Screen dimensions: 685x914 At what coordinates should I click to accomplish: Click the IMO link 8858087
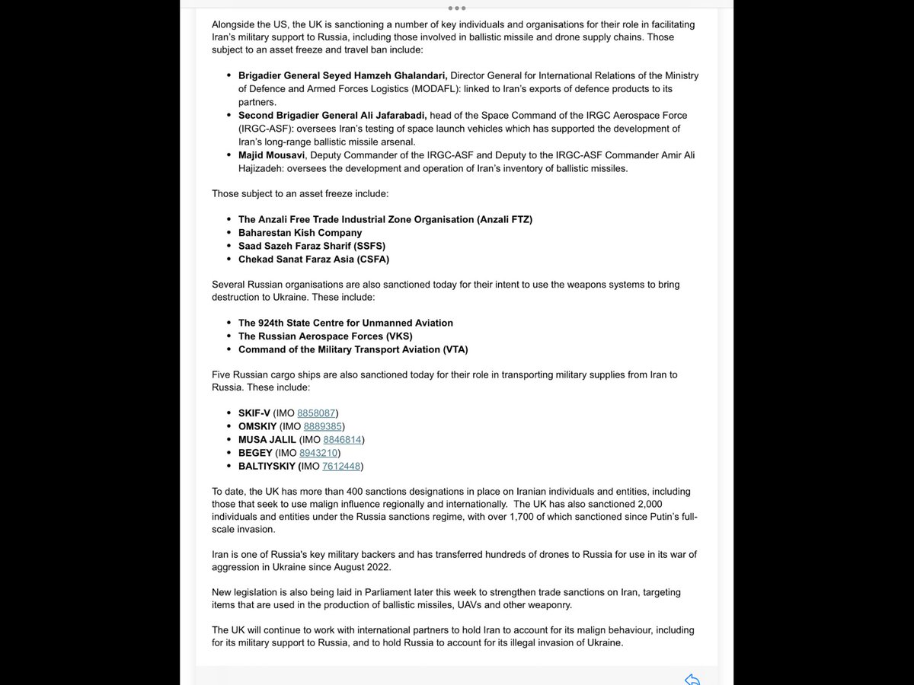tap(316, 413)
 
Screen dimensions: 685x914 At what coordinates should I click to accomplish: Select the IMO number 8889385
tap(323, 426)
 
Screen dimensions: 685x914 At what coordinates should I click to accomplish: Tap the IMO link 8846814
tap(342, 440)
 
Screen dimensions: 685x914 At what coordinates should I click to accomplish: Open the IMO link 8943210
tap(318, 453)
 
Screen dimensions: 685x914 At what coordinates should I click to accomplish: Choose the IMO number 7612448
tap(341, 467)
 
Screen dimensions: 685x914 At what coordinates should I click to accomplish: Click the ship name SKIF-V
tap(254, 413)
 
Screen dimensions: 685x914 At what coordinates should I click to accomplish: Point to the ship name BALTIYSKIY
tap(266, 467)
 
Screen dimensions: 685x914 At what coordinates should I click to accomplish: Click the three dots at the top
tap(456, 8)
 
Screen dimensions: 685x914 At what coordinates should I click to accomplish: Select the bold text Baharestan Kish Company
tap(300, 233)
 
